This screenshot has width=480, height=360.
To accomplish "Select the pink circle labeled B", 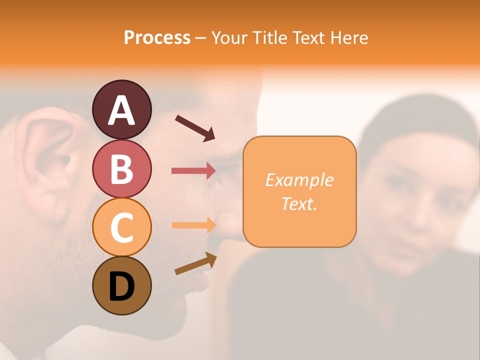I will (121, 168).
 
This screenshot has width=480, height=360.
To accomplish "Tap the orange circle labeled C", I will (121, 227).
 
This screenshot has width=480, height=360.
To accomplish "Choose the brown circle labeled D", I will (121, 285).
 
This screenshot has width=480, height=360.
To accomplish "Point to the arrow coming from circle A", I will (195, 128).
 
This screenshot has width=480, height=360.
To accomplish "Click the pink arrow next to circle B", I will (193, 171).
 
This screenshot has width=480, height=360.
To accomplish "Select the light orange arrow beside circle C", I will (193, 225).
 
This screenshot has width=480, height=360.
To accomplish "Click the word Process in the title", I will (157, 37).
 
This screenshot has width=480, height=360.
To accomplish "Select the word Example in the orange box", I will (299, 180).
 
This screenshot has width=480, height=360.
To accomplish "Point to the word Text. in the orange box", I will (299, 204).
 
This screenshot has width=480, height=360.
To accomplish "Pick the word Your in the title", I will (229, 37).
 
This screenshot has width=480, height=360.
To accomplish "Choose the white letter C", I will (121, 228).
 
